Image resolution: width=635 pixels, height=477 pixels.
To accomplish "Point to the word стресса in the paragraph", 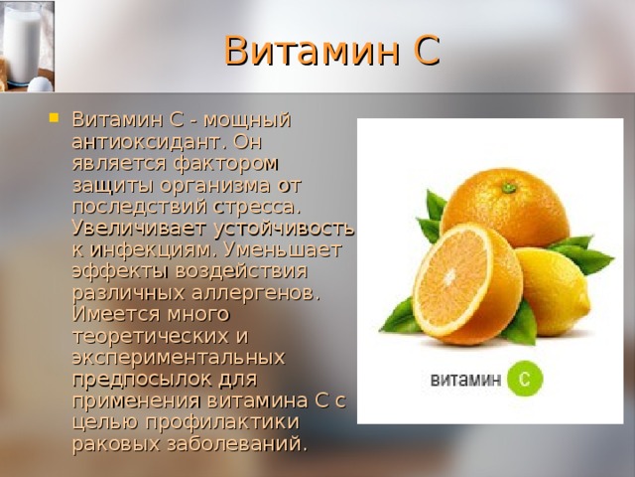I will (252, 206).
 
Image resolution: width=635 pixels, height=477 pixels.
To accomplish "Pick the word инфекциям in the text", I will (154, 248).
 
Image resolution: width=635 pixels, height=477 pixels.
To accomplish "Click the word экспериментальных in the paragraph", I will (179, 356).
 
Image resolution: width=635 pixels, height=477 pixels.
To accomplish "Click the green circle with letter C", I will (524, 379).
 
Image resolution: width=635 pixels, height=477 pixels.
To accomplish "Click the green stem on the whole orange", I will (509, 186).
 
